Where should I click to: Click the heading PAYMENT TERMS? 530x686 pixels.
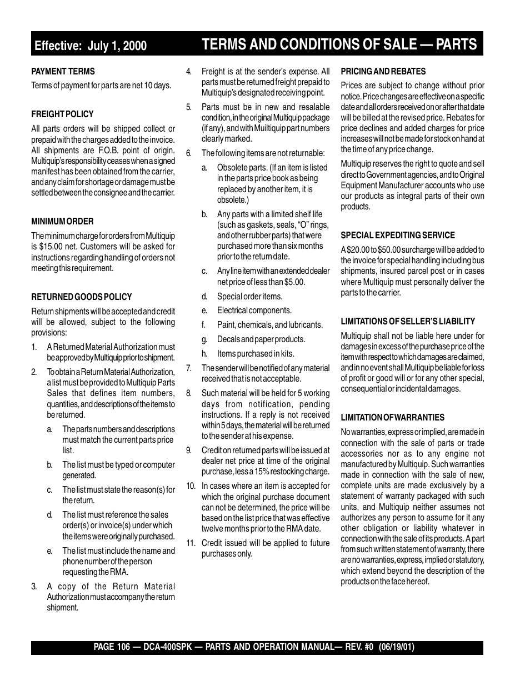63,72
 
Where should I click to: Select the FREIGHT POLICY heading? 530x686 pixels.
62,114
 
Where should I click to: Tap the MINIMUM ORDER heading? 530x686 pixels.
62,222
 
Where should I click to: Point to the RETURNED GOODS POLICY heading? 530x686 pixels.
81,297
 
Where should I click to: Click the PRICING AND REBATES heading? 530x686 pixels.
383,72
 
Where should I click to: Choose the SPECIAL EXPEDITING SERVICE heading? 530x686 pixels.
397,236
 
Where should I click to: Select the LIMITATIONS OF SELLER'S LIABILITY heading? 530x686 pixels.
408,322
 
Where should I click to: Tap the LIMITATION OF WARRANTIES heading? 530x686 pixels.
392,418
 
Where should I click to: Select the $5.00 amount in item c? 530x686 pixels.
295,282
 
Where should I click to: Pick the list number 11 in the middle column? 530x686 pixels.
191,543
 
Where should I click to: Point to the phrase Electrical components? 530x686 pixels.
254,311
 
